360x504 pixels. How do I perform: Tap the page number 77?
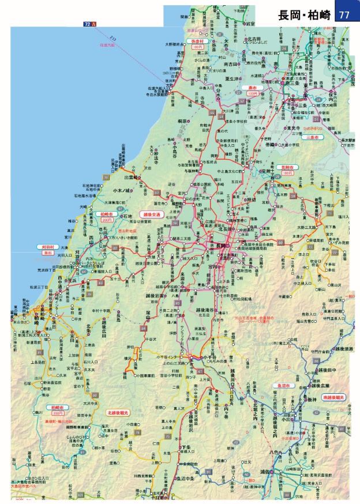click(346, 15)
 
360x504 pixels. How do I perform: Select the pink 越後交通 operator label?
click(152, 213)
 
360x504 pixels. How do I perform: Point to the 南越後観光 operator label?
click(335, 398)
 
